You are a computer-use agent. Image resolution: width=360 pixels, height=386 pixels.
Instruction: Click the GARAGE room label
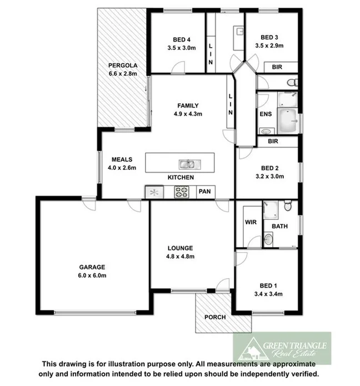[92, 267]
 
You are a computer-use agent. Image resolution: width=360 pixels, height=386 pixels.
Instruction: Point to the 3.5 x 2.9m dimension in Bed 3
[269, 46]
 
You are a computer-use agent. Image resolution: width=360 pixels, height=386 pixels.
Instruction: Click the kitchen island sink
[187, 164]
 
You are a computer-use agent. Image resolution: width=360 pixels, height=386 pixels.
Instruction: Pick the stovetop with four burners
[182, 192]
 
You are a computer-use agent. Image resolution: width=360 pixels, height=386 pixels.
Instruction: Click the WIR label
[249, 223]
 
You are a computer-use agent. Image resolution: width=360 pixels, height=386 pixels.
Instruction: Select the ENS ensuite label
[265, 114]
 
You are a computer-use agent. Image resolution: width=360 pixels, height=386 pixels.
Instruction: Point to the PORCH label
[215, 318]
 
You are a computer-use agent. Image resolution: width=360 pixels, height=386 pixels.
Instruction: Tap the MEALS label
[121, 159]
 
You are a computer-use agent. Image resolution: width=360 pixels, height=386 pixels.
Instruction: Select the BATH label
[279, 227]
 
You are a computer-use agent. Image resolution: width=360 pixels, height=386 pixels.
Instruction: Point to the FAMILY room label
[188, 106]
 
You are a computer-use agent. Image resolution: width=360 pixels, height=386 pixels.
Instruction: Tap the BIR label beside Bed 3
[276, 67]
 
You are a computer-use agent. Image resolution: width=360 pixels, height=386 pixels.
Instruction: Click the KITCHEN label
[181, 178]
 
